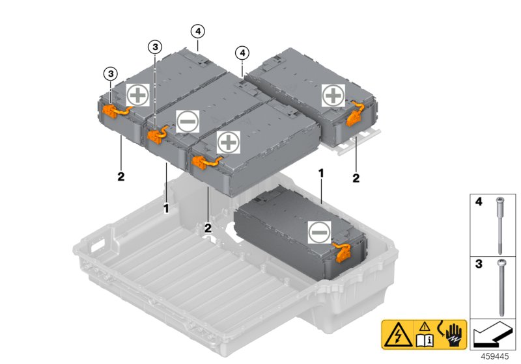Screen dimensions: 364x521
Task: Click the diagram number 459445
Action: [x=494, y=356]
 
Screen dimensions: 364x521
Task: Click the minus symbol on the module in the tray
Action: [x=319, y=231]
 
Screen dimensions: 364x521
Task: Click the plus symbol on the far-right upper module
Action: [x=333, y=95]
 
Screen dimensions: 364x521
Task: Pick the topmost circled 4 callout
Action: [x=197, y=30]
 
